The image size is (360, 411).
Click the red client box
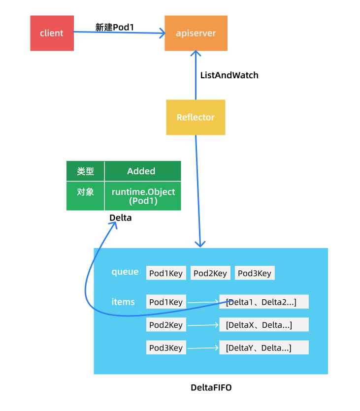(x=52, y=33)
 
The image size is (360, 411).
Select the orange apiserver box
(x=196, y=33)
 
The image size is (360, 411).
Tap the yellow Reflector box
(x=196, y=117)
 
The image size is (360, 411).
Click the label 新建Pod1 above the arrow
(x=115, y=27)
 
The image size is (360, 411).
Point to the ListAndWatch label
(x=229, y=75)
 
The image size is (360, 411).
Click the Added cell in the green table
(x=143, y=171)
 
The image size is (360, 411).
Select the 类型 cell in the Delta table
(x=86, y=171)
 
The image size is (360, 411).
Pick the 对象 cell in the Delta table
(x=86, y=196)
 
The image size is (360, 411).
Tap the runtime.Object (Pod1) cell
(x=143, y=196)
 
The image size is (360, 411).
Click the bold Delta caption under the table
(x=120, y=218)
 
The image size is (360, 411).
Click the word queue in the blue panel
(x=125, y=272)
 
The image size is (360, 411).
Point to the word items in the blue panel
(x=123, y=302)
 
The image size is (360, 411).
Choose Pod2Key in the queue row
(x=210, y=273)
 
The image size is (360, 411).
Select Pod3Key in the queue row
(x=255, y=273)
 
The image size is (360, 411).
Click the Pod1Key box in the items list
(x=166, y=302)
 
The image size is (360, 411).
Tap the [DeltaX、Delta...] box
(x=264, y=324)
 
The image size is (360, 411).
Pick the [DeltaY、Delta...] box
(x=264, y=348)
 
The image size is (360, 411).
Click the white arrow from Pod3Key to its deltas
(x=203, y=348)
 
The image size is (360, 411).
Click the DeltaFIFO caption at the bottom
(x=211, y=387)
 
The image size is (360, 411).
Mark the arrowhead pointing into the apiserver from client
(x=163, y=33)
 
